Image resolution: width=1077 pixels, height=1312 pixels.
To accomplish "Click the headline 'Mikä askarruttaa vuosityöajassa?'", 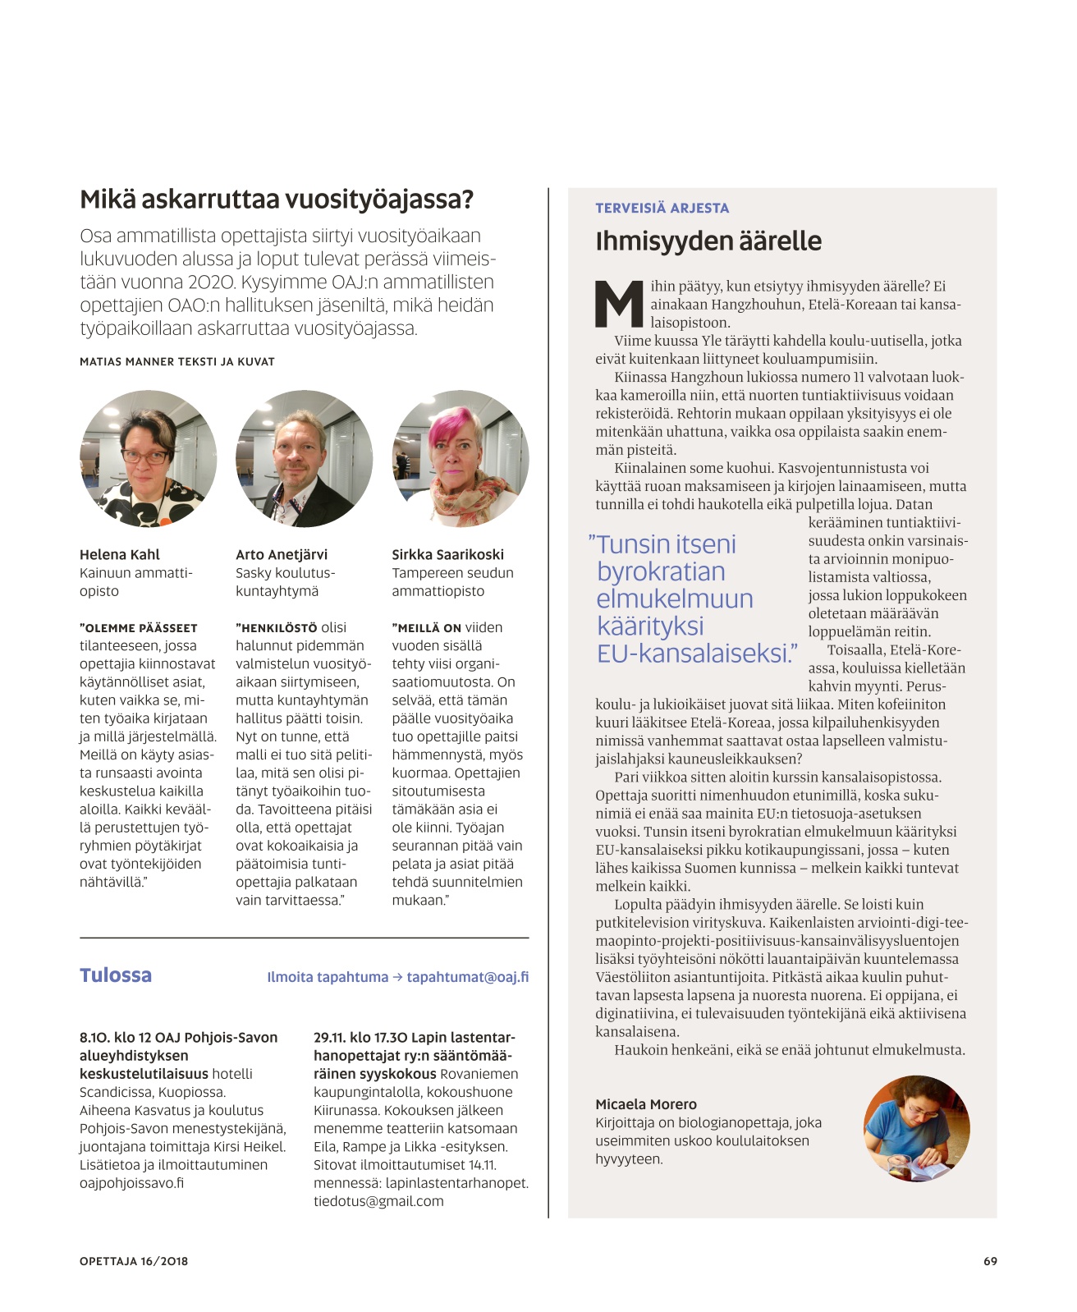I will (277, 200).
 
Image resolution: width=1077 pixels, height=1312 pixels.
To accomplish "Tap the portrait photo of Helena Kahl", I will (149, 458).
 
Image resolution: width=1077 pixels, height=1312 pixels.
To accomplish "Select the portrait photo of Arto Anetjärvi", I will (304, 458).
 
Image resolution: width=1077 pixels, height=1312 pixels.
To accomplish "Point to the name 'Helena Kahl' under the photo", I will (120, 554).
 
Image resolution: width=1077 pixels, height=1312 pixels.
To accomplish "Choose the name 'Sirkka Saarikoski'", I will (447, 554).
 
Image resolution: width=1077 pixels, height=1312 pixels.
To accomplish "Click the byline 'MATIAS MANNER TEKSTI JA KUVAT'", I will (177, 361).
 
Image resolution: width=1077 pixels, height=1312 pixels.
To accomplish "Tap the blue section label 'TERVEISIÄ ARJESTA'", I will (662, 209).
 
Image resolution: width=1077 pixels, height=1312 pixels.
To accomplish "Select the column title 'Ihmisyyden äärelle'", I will (708, 241).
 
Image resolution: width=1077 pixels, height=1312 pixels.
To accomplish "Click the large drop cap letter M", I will (619, 304).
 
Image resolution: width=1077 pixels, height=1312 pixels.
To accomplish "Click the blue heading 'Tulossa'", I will (116, 975).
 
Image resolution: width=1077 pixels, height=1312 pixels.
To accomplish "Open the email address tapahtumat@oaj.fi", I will (468, 977).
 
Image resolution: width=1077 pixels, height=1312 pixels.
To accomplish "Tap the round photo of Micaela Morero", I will (916, 1128).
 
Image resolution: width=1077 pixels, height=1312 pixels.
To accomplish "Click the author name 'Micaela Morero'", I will (646, 1104).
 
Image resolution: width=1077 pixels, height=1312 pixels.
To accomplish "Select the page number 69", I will (990, 1261).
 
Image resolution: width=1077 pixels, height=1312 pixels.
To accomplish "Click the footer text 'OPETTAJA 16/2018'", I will (134, 1261).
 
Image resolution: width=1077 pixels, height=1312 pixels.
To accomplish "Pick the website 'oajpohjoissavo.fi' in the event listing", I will (131, 1183).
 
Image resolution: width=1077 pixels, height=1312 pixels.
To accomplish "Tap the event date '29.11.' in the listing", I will (329, 1038).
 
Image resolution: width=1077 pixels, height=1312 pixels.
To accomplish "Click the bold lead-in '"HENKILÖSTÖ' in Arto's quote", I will (277, 628).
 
